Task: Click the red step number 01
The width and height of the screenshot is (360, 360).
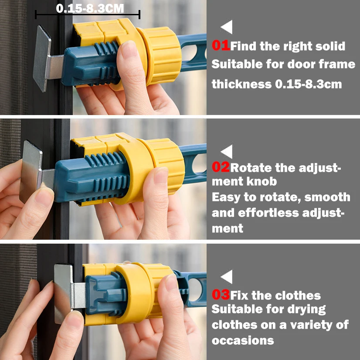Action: [221, 45]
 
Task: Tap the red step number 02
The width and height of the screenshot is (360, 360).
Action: [221, 167]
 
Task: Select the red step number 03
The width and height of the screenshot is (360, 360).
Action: [221, 294]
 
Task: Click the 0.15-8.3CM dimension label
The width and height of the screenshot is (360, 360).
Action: [90, 8]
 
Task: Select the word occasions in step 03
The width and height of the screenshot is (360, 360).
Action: [243, 341]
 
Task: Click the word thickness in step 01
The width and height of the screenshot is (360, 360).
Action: [241, 84]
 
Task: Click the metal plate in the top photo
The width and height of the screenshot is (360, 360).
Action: [42, 58]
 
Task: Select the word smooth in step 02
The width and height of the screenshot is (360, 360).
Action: [327, 197]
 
